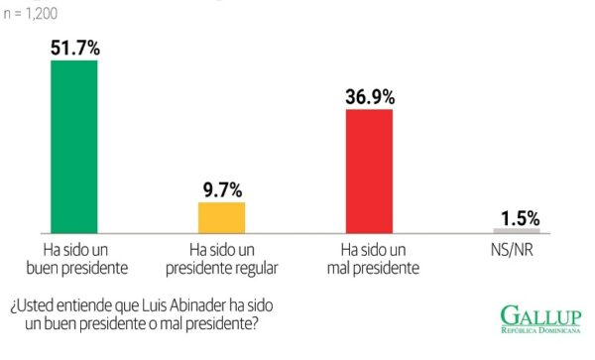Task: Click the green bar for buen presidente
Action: point(74,147)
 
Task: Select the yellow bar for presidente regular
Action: point(221,218)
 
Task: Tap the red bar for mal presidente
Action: point(369,172)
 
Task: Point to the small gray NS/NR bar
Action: point(517,231)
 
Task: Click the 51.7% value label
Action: point(75,49)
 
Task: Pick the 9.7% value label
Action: point(222,190)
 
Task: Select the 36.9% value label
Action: point(370,97)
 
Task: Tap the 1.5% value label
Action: point(521,218)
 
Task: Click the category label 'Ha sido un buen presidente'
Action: point(77,259)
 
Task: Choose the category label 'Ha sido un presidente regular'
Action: point(222,260)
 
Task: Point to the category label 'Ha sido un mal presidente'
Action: point(374,259)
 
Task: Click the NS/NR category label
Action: point(512,250)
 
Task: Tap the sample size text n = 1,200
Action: point(31,14)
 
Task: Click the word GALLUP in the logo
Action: point(540,315)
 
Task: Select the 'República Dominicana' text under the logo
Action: point(540,330)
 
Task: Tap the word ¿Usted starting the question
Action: point(31,306)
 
